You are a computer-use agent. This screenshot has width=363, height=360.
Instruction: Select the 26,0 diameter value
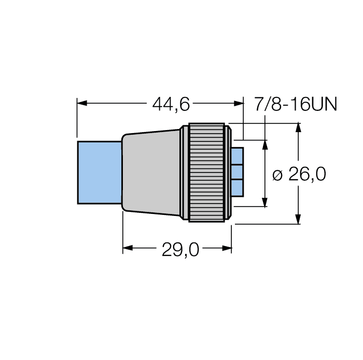[x=307, y=175]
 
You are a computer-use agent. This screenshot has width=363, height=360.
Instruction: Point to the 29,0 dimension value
[x=180, y=250]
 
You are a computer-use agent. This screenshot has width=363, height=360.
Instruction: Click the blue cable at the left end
[x=99, y=172]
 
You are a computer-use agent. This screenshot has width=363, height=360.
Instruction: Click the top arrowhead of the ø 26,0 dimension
[x=299, y=127]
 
